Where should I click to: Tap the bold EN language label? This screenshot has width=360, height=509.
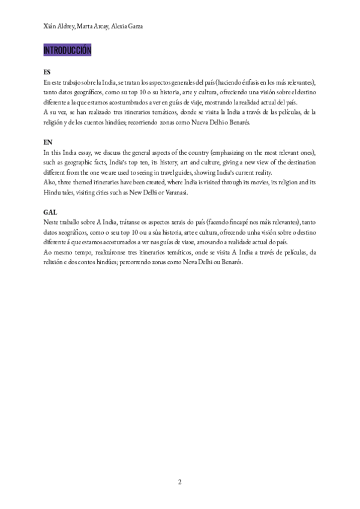click(x=48, y=142)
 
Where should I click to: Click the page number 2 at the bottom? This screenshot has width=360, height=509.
click(x=179, y=482)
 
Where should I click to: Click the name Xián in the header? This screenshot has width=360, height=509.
click(x=51, y=27)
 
